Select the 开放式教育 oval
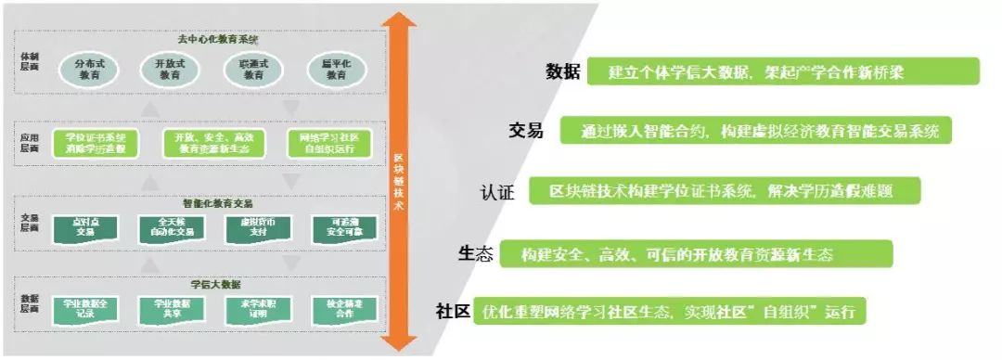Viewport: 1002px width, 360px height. pyautogui.click(x=170, y=71)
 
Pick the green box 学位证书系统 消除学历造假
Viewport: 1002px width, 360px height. pyautogui.click(x=96, y=143)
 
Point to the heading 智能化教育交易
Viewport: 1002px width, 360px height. pyautogui.click(x=220, y=202)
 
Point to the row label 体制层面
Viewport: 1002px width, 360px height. pyautogui.click(x=30, y=60)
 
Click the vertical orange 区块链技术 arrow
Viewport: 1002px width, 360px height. pyautogui.click(x=398, y=181)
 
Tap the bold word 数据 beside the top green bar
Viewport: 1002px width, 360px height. pyautogui.click(x=562, y=71)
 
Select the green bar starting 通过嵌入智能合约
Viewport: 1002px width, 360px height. pyautogui.click(x=756, y=131)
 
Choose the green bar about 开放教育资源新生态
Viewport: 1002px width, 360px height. pyautogui.click(x=696, y=254)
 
